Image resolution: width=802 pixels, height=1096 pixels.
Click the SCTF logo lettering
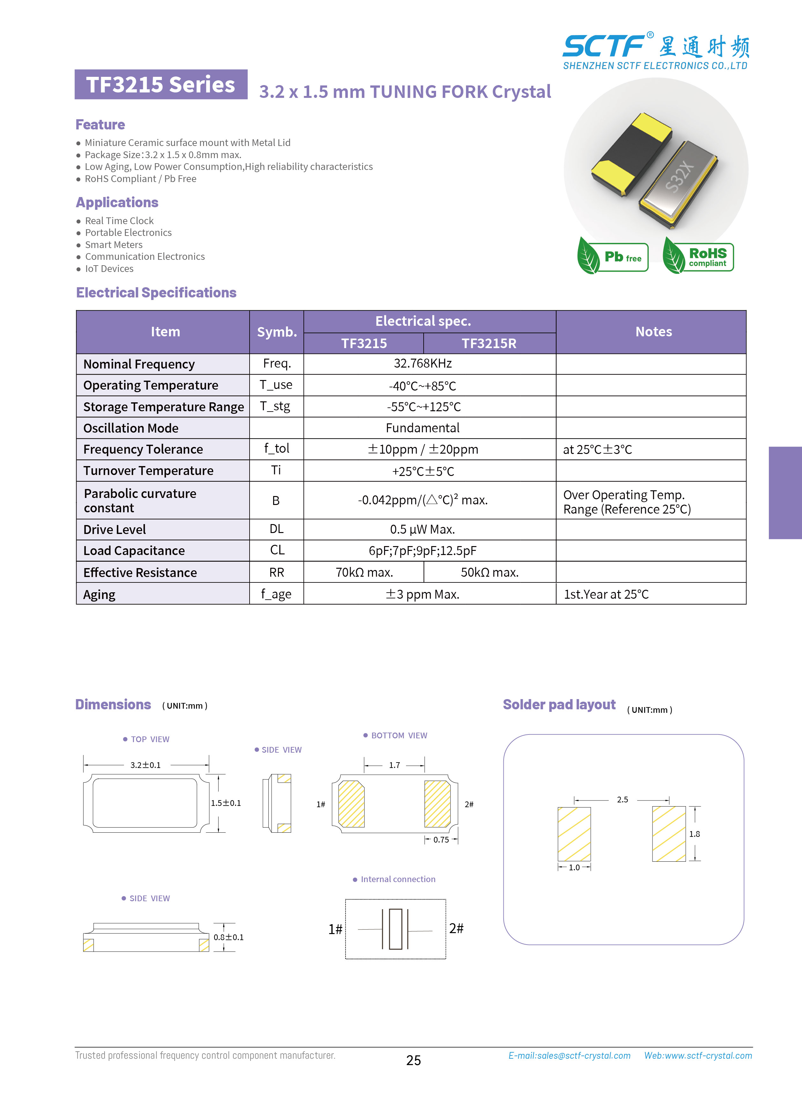(603, 47)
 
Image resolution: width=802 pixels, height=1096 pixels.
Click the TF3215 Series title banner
(161, 84)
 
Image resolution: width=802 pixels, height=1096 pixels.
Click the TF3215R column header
(489, 343)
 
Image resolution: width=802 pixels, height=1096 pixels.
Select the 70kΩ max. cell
(364, 572)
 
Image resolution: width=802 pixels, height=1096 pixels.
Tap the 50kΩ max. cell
(489, 572)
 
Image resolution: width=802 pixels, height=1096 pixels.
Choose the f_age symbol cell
(276, 594)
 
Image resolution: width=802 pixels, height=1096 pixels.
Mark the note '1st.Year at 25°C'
(606, 594)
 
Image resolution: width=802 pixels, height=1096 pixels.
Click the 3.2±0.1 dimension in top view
(145, 765)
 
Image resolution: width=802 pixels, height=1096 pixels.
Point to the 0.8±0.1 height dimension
(229, 937)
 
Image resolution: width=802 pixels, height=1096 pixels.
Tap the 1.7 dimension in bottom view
(394, 765)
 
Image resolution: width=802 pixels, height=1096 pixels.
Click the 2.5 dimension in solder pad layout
(622, 800)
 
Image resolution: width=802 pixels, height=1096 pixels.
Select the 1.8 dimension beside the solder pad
(694, 834)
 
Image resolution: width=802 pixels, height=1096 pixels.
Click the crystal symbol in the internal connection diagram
(395, 929)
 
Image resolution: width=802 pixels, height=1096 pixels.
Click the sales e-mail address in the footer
(569, 1056)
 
